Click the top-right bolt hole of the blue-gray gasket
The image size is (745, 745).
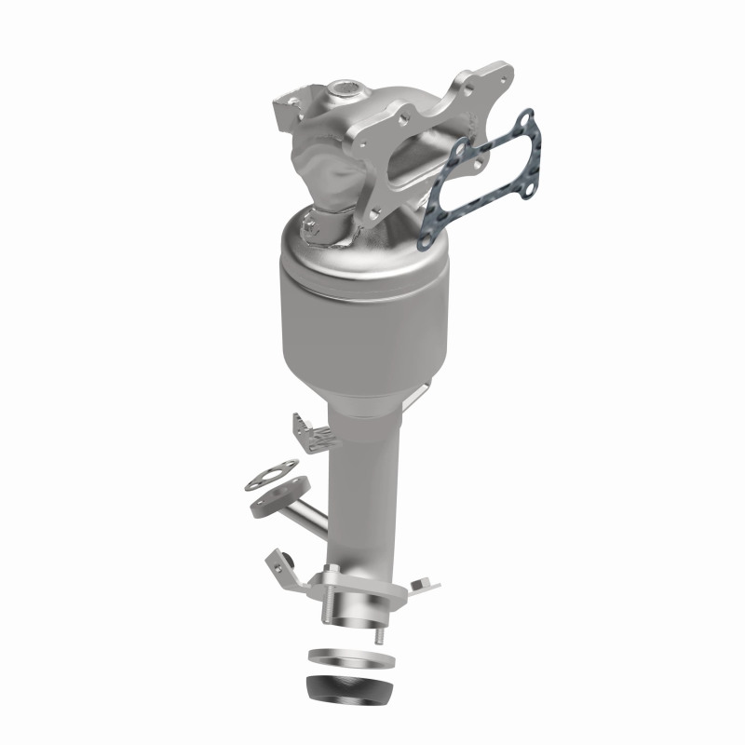[527, 118]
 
